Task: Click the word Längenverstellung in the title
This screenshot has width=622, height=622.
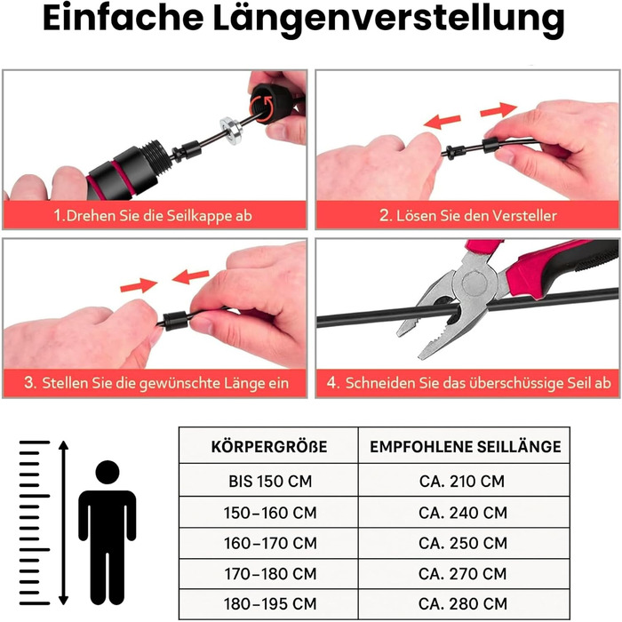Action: [389, 20]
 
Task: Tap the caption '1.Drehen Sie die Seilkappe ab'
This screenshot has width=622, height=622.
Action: [153, 216]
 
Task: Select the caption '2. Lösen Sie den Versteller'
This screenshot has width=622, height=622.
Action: [468, 215]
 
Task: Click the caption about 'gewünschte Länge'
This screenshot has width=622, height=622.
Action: [155, 383]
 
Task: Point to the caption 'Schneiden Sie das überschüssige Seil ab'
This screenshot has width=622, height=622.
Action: [469, 383]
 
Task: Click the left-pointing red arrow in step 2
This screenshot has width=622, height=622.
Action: [442, 121]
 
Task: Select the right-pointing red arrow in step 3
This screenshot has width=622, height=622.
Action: [139, 285]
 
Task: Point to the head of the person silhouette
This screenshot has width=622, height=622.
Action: [108, 472]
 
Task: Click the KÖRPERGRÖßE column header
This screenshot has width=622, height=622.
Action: [269, 447]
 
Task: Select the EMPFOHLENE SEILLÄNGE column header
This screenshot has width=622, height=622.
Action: [466, 447]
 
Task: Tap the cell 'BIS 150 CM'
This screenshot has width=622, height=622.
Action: [270, 482]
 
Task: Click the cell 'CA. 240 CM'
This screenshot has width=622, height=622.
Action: [463, 513]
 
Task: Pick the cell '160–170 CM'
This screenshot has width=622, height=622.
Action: [270, 543]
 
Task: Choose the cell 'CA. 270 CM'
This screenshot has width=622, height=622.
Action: [463, 574]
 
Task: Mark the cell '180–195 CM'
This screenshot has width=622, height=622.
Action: [270, 603]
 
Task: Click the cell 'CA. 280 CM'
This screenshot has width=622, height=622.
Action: [463, 603]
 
